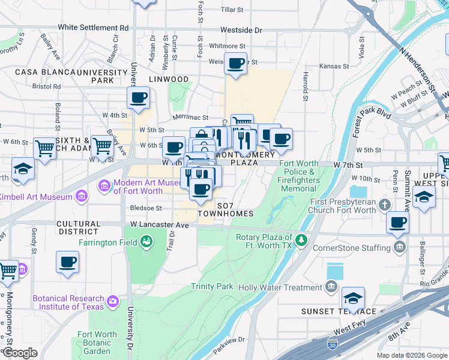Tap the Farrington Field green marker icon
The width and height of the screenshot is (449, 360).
coord(146,242)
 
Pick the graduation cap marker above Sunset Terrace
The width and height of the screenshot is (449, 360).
coord(353,298)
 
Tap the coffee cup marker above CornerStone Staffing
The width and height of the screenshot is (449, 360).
coord(397,223)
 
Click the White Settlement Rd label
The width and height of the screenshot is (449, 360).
coord(94,28)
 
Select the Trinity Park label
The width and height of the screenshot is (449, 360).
coord(212,287)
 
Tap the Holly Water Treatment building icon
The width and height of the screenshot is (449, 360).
coord(331,287)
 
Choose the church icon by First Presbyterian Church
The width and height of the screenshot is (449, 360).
coord(384,206)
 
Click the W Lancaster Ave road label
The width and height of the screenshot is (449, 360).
coord(160,225)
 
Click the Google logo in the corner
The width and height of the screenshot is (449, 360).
coord(19,353)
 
